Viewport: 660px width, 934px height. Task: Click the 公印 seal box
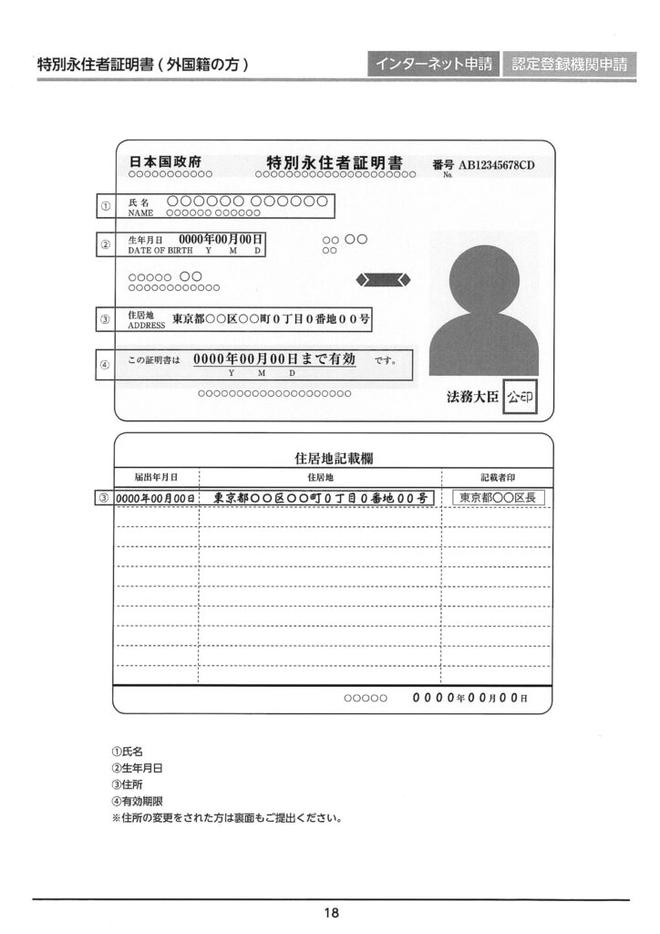[x=521, y=398]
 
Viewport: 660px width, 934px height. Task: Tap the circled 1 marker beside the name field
[x=106, y=206]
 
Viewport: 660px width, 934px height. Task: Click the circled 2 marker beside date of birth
[x=106, y=244]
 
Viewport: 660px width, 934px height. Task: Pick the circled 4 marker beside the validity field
[x=106, y=365]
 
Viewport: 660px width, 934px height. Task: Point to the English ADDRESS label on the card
[x=146, y=325]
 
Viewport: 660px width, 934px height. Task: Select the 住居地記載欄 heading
[x=332, y=460]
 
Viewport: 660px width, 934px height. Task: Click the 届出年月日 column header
[x=155, y=477]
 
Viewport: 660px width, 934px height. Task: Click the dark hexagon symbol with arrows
[x=384, y=279]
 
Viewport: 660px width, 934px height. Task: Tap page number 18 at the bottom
[x=331, y=912]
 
